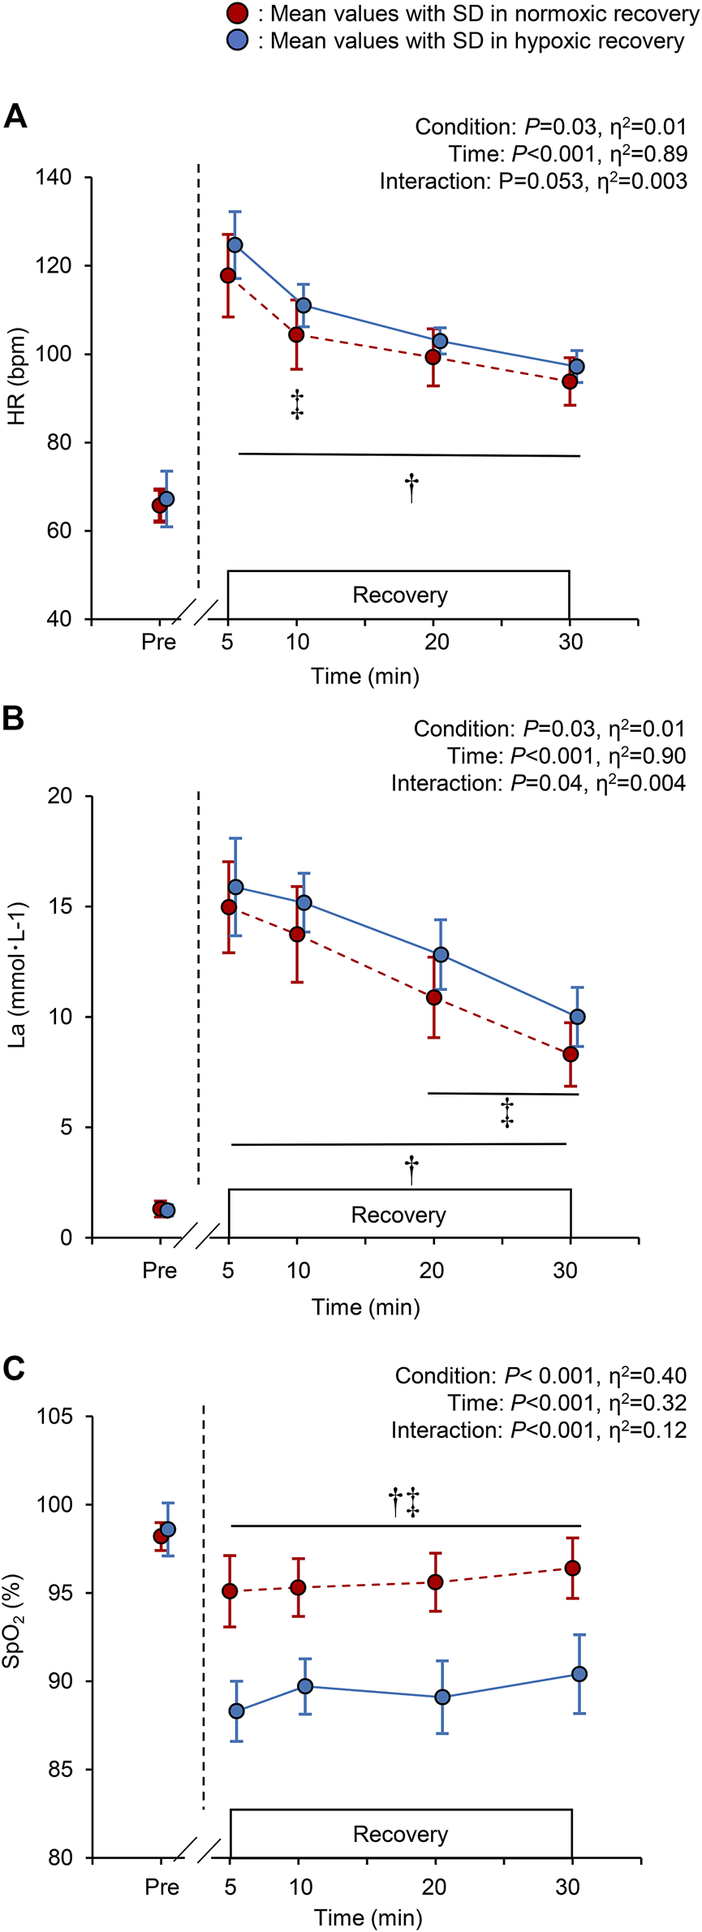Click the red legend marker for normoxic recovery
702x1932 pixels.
(x=236, y=13)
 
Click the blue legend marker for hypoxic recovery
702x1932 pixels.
(x=236, y=41)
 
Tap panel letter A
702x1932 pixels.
(x=15, y=117)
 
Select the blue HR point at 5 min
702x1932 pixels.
(x=235, y=244)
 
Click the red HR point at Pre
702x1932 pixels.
(x=160, y=506)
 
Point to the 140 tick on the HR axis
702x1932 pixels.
(x=54, y=178)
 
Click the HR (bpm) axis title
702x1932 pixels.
(x=16, y=377)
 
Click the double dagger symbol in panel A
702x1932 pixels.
(x=297, y=404)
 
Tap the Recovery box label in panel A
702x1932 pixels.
(x=399, y=595)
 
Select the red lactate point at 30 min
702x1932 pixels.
(x=571, y=1054)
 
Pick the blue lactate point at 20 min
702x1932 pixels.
(x=441, y=954)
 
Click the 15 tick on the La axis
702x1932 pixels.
(x=59, y=906)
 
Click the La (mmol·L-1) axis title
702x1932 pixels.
(x=16, y=974)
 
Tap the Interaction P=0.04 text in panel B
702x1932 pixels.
(x=537, y=783)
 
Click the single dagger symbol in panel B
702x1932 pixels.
(x=411, y=1169)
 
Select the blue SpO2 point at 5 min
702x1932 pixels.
(x=237, y=1710)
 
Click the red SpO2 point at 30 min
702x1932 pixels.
(x=572, y=1568)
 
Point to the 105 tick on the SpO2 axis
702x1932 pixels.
(x=54, y=1417)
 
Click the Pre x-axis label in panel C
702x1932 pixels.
(x=162, y=1887)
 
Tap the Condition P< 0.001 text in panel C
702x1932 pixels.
(x=540, y=1375)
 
